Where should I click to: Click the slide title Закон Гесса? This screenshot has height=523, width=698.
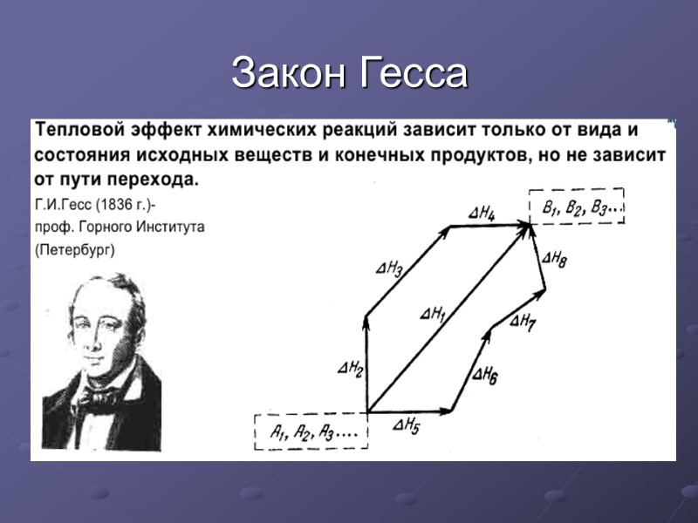tap(349, 73)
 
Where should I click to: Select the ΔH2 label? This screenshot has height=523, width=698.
tap(351, 369)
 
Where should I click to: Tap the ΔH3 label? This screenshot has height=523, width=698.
tap(389, 268)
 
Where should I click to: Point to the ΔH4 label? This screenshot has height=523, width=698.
tap(482, 212)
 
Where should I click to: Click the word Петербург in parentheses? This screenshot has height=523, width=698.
tap(74, 250)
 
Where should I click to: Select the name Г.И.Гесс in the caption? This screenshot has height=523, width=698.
tap(63, 206)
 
